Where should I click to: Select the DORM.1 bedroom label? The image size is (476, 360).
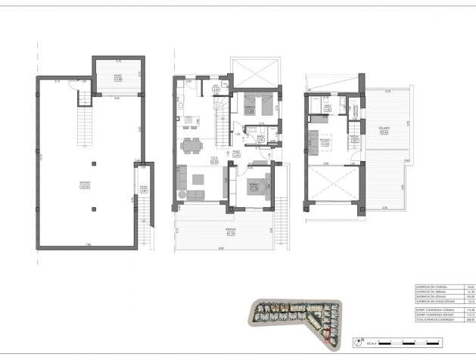pos(255,184)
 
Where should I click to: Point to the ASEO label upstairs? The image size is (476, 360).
pos(328,107)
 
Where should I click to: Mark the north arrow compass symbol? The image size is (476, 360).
pos(362,342)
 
